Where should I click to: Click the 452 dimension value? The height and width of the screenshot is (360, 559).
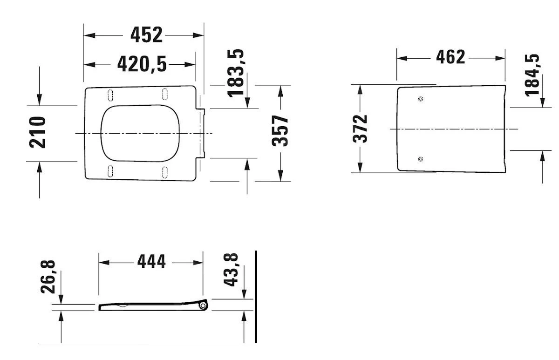tap(146, 34)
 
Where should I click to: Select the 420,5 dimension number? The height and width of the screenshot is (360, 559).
tap(142, 64)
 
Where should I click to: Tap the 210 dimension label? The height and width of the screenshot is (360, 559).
tap(38, 132)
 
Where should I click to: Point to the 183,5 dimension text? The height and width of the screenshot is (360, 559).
tap(236, 73)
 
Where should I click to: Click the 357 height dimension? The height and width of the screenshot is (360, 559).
tap(280, 131)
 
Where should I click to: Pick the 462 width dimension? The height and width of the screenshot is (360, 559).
tap(451, 57)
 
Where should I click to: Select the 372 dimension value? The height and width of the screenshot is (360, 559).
tap(360, 129)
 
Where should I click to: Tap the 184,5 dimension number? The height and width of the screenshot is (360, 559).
tap(532, 75)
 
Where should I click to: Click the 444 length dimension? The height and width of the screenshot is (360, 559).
tap(151, 262)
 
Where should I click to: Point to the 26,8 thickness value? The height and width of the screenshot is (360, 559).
tap(48, 277)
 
